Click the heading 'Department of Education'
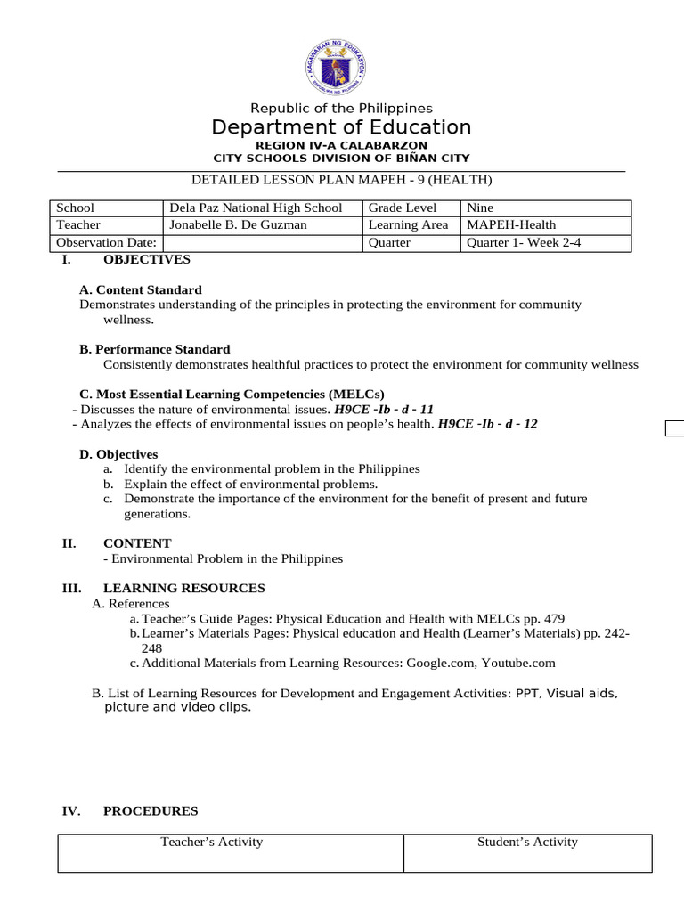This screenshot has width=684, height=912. (x=341, y=127)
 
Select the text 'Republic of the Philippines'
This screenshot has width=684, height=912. (x=341, y=109)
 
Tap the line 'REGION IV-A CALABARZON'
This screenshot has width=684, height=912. (x=341, y=145)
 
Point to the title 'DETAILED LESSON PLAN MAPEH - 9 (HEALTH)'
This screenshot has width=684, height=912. (x=341, y=180)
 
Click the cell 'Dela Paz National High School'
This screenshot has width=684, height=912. (x=256, y=208)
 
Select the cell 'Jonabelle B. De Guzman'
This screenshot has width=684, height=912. (x=238, y=225)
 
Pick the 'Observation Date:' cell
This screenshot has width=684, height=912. (x=106, y=242)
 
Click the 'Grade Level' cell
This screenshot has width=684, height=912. (x=403, y=208)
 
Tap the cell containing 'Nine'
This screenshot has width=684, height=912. (x=481, y=208)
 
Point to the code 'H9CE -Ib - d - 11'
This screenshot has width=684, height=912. (x=384, y=410)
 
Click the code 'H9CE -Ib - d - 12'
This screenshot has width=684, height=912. (x=487, y=425)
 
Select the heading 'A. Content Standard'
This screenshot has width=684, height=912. (x=141, y=289)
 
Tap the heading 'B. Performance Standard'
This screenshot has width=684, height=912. (x=155, y=349)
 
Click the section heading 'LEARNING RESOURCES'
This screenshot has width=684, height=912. (x=183, y=588)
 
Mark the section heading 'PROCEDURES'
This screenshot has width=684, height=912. (x=151, y=811)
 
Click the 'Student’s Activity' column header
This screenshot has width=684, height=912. (x=527, y=842)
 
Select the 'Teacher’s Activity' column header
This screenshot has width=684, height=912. (x=211, y=842)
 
